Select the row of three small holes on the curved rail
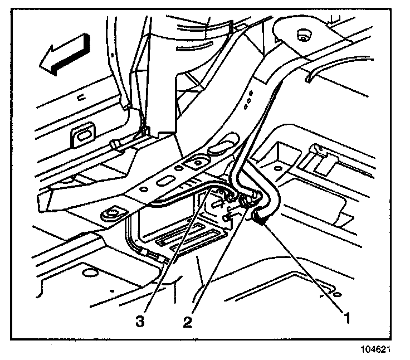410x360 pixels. (x=247, y=98)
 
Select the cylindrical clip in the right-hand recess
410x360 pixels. (x=316, y=150)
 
